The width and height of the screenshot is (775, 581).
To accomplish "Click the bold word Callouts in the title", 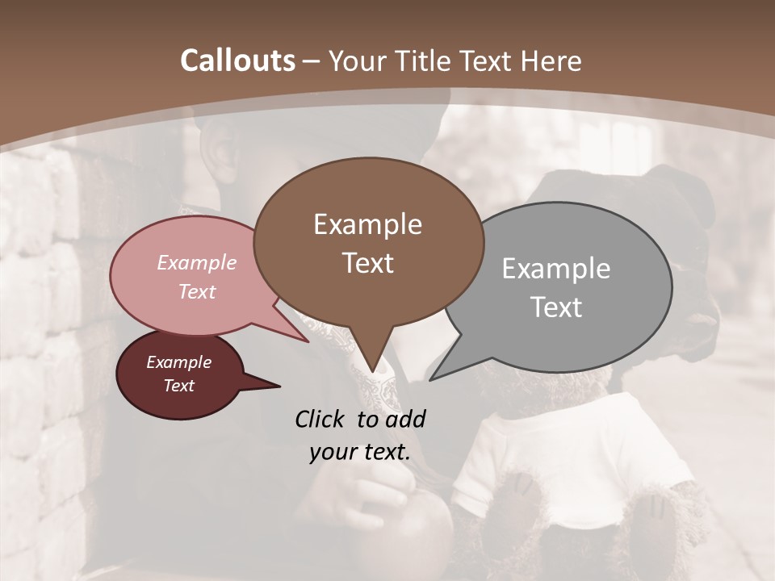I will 237,61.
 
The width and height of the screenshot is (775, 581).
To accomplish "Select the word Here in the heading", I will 551,61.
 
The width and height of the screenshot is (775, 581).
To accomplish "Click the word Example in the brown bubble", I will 367,224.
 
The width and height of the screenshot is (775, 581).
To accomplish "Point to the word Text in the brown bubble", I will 367,263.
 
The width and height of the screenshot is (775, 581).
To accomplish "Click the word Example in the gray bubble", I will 555,269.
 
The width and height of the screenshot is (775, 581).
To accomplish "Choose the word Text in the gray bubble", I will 556,307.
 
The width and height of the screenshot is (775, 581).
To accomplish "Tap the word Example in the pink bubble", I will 197,262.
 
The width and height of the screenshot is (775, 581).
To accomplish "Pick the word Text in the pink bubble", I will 197,291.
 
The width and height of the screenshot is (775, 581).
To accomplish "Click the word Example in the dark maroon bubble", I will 179,362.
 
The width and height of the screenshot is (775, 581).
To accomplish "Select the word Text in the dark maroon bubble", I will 179,386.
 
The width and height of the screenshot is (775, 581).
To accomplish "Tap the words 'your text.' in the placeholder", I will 360,452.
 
